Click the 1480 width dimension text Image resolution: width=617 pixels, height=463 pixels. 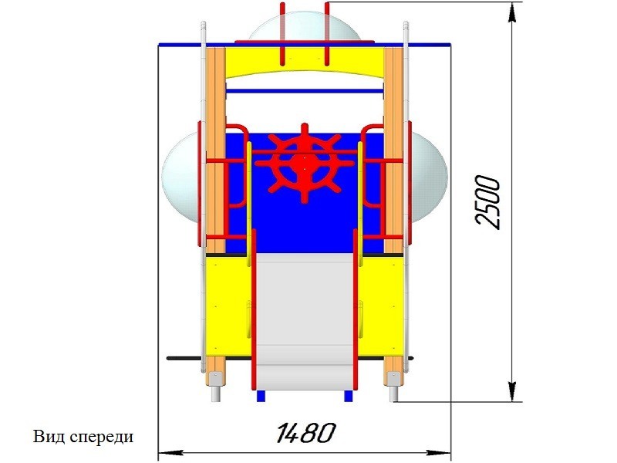pyautogui.click(x=305, y=433)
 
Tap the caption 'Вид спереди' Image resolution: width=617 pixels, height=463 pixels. pyautogui.click(x=83, y=437)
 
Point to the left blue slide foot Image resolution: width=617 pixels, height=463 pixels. pyautogui.click(x=261, y=396)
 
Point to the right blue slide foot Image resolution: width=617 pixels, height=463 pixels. pyautogui.click(x=349, y=396)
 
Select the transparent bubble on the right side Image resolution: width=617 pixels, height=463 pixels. pyautogui.click(x=429, y=177)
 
